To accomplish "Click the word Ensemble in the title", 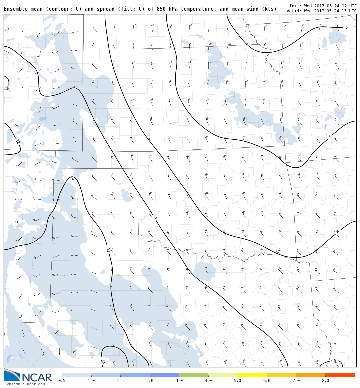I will click(x=15, y=9).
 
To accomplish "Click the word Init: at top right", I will click(x=295, y=6).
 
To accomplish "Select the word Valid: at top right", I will click(x=294, y=11).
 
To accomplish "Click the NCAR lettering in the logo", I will click(x=37, y=378).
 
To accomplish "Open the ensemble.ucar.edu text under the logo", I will click(x=26, y=384).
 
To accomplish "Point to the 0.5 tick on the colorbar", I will click(x=62, y=381).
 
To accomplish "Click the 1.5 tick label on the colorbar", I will click(x=120, y=381).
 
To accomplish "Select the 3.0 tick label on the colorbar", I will click(x=179, y=381).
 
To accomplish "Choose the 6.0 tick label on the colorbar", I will click(x=267, y=381).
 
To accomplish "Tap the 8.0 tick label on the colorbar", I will click(x=325, y=381).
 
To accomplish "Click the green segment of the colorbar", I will click(x=193, y=375).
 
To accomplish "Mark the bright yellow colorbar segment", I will click(x=252, y=375).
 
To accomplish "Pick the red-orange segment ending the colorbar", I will click(x=340, y=375).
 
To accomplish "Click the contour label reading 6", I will click(x=338, y=232).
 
